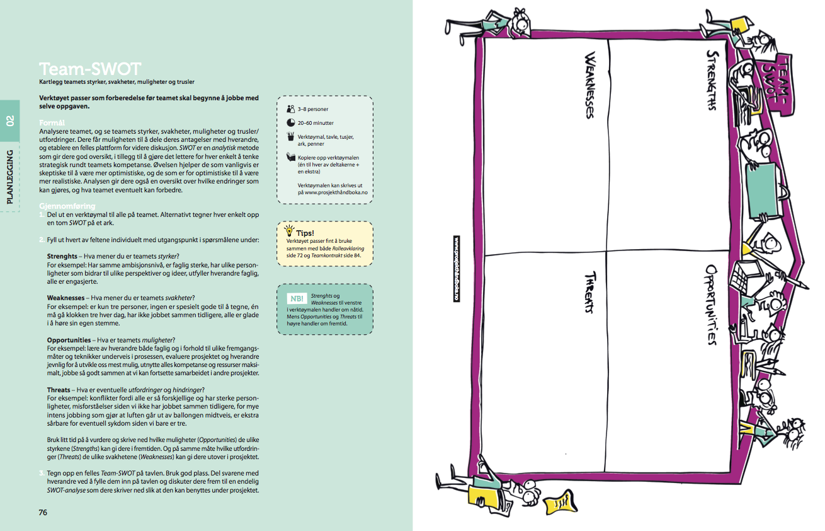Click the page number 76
43,512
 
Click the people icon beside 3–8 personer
290,108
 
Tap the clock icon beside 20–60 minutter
290,122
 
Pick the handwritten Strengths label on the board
712,80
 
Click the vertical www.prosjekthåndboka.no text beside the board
457,269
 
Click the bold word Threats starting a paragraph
59,390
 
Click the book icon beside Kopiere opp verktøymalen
290,156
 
